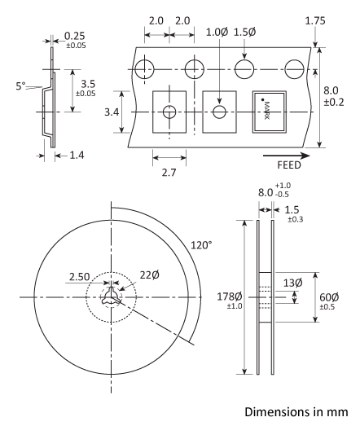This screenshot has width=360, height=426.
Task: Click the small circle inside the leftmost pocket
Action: (169, 112)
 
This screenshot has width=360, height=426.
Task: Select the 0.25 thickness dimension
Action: (74, 37)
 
